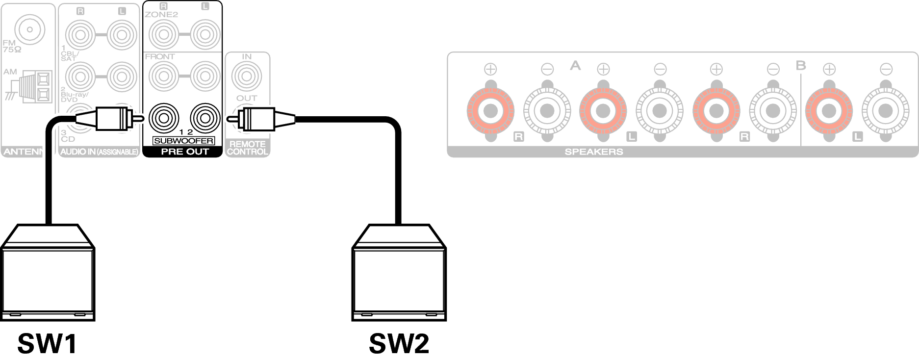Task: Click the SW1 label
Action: pos(47,344)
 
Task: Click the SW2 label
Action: pos(399,344)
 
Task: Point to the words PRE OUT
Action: pos(184,152)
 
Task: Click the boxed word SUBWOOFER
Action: pos(183,141)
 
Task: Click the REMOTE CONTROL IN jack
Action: pos(247,76)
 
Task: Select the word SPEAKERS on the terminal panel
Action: pos(593,152)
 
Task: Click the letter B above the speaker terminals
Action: pos(800,65)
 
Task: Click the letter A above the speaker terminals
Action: pos(575,65)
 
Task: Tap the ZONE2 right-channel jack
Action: pos(164,34)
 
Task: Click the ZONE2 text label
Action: pos(161,14)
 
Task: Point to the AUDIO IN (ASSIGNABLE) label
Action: pos(99,152)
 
